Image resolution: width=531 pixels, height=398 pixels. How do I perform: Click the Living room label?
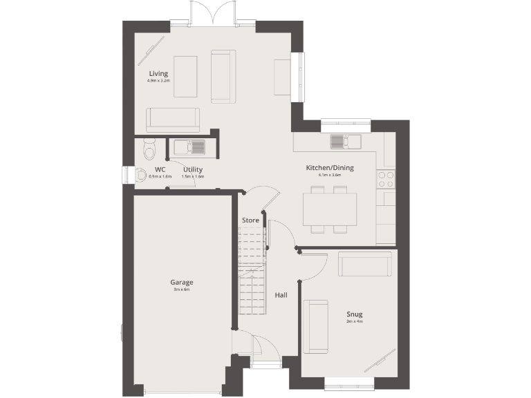(158, 73)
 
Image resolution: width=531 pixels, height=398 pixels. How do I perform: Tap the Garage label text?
(182, 282)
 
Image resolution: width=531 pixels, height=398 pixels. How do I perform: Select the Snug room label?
(355, 314)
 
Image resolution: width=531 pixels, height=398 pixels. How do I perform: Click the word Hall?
(281, 295)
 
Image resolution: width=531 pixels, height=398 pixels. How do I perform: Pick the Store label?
(250, 220)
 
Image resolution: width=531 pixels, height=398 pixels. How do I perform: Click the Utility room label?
(193, 169)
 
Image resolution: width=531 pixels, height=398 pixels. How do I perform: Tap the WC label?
(160, 169)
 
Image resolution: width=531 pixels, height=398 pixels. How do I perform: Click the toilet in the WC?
(150, 149)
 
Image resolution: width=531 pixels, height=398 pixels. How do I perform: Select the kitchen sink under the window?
(344, 142)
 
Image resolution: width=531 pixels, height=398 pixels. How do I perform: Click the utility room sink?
(188, 147)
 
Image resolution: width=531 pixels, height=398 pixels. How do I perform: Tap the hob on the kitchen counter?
(385, 180)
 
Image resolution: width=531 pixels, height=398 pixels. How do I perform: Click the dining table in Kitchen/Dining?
(330, 208)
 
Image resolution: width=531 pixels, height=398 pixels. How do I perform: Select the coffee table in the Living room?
(185, 76)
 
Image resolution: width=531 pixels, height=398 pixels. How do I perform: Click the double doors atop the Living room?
(212, 14)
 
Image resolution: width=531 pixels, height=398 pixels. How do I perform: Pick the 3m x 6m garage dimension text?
(182, 290)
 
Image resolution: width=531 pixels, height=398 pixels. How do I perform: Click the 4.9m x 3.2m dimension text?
(158, 81)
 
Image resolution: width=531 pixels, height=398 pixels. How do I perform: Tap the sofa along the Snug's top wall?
(364, 264)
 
